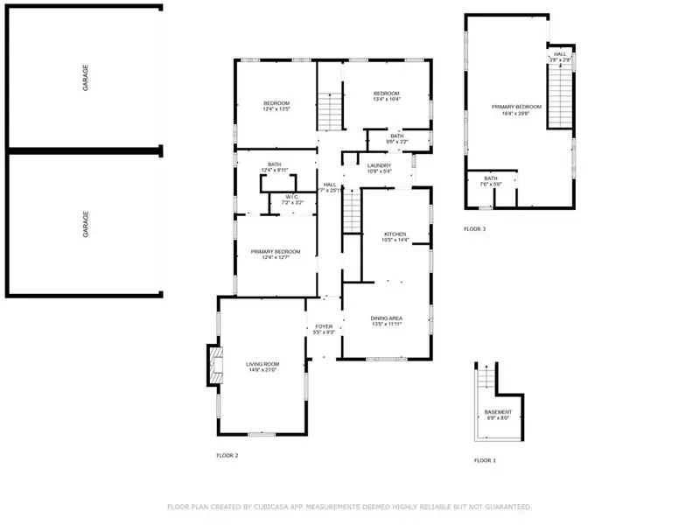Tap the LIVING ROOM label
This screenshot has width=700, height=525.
coord(262,364)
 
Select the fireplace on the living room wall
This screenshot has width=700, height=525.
coord(213,365)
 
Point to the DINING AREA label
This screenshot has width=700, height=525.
coord(386,318)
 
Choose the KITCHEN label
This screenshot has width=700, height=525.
coord(395,234)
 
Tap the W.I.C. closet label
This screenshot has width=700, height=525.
coord(292,197)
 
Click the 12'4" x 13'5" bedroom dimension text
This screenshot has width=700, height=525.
coord(276,109)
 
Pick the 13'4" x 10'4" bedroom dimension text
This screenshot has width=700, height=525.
coord(386,100)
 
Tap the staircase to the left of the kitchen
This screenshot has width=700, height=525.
coord(351,211)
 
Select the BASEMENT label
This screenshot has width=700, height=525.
coord(498,411)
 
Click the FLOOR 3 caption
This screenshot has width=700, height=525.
coord(474,229)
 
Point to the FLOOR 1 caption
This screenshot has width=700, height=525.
coord(485,460)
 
